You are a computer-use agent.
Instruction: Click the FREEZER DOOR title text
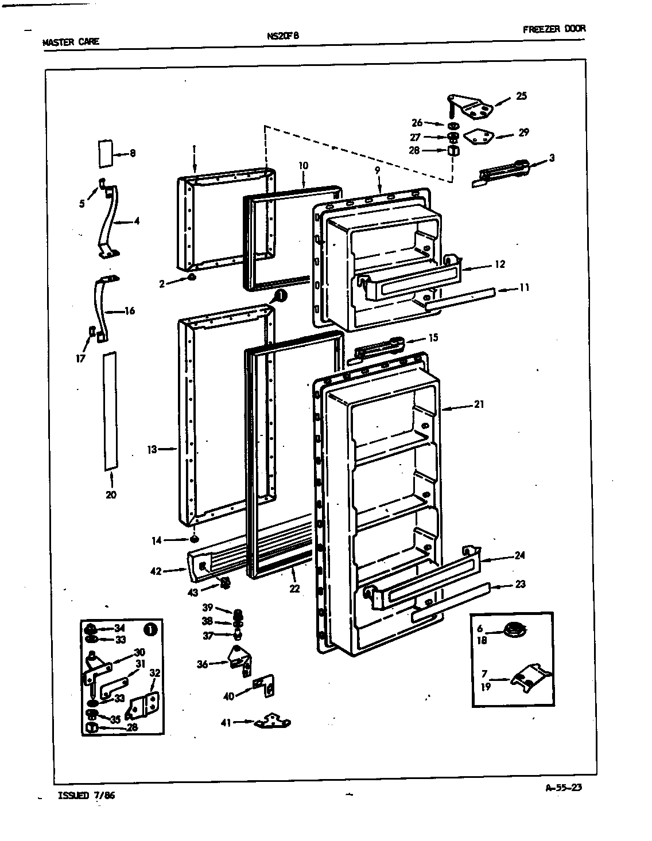[554, 29]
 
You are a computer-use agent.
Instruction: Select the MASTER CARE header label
[71, 41]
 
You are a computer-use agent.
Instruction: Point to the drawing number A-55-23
[563, 788]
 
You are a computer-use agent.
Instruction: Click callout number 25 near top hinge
[521, 96]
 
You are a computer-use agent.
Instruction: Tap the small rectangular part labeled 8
[104, 153]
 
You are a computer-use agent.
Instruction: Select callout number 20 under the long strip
[111, 495]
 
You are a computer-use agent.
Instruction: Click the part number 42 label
[156, 571]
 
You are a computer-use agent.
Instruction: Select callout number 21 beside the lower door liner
[479, 404]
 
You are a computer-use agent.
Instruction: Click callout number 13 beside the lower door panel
[152, 450]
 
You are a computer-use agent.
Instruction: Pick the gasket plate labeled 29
[479, 137]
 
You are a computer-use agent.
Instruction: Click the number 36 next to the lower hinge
[202, 664]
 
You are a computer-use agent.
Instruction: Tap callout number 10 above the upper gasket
[303, 166]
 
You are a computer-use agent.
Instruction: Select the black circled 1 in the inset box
[150, 629]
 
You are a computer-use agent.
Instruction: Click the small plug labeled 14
[195, 540]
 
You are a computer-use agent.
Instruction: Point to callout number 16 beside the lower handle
[129, 311]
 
